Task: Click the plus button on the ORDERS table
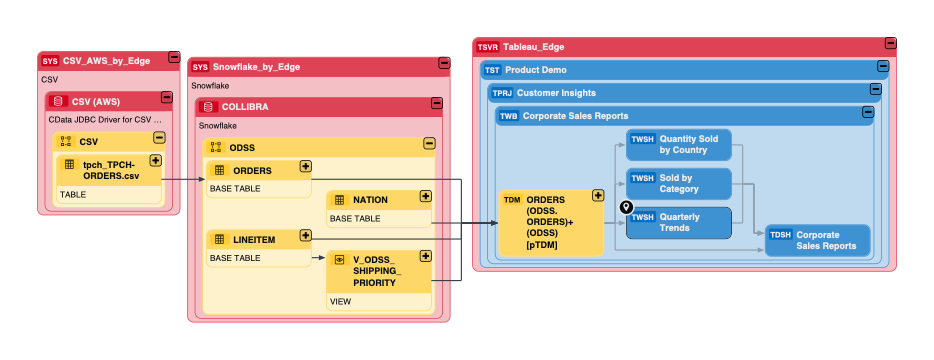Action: (x=306, y=167)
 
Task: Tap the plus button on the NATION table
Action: (x=426, y=197)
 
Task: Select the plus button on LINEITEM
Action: (x=306, y=236)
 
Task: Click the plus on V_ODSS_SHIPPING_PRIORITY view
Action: (x=426, y=256)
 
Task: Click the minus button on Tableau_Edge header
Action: (x=890, y=44)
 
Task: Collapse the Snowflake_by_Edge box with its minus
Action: (x=443, y=64)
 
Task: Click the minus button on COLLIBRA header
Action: (x=436, y=103)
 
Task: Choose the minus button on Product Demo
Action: (x=883, y=67)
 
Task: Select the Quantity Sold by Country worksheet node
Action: (x=679, y=144)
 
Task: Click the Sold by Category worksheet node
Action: (x=679, y=183)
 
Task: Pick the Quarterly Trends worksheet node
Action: (x=679, y=222)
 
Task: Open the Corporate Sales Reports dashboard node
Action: (x=817, y=240)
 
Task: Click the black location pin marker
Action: (x=627, y=208)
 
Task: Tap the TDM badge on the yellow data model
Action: (x=512, y=199)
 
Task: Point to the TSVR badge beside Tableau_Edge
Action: (x=487, y=46)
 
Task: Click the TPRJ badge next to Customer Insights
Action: (x=501, y=93)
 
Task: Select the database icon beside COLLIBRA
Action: (x=208, y=106)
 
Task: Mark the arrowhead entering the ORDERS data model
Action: (x=495, y=224)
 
